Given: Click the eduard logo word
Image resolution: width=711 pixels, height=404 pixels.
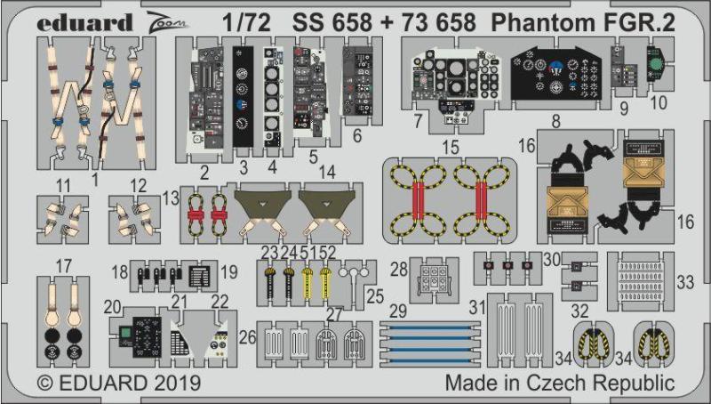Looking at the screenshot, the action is (84, 23).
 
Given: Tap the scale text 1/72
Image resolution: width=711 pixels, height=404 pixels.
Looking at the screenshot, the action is (246, 23).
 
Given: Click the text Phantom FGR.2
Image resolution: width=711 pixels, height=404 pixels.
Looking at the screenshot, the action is (583, 23).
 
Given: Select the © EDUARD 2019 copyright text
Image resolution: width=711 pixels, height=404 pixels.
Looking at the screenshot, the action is (118, 383).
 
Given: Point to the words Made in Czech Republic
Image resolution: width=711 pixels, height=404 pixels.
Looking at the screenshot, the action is (560, 384).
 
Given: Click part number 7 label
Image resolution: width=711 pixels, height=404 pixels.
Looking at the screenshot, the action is (418, 121).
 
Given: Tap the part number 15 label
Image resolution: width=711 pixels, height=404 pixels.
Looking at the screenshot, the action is (451, 148).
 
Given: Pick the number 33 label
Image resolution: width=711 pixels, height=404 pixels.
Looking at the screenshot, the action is (685, 283).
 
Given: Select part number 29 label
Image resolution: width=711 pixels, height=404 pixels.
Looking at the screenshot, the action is (397, 311).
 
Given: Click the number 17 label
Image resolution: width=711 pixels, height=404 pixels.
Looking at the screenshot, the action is (63, 266).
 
